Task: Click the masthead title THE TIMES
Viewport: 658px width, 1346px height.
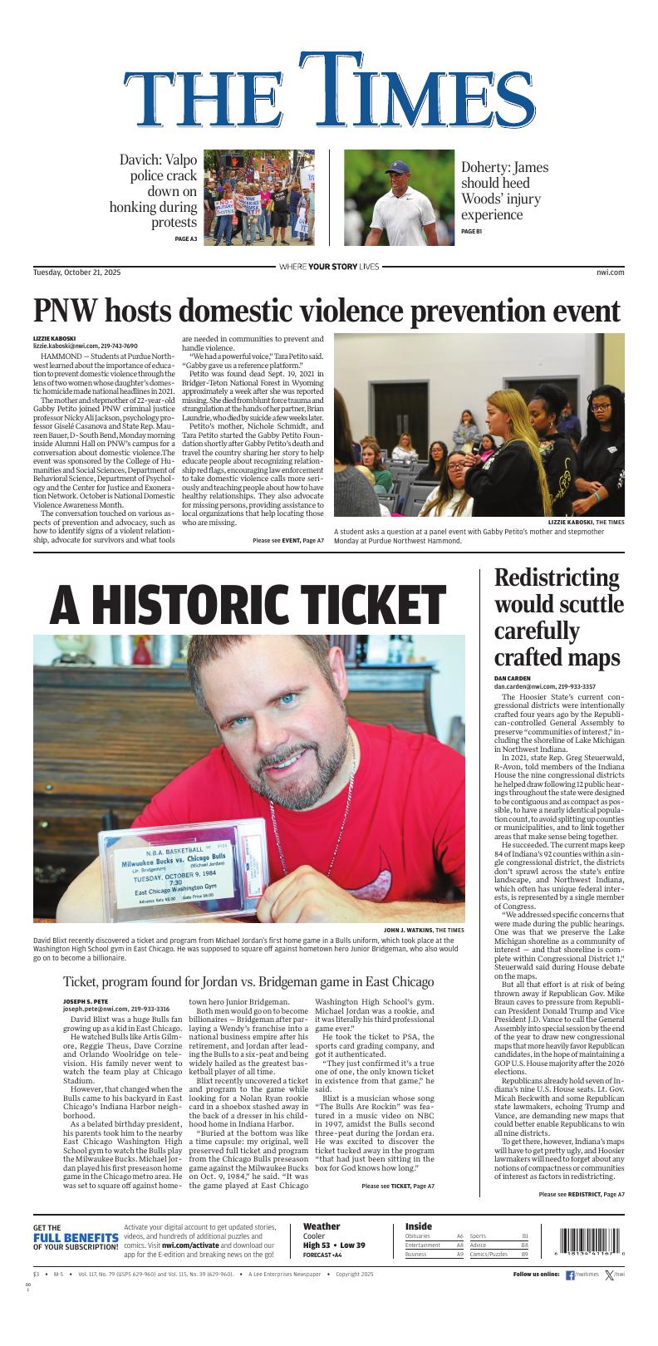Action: pyautogui.click(x=328, y=93)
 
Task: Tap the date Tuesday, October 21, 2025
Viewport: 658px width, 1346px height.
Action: pyautogui.click(x=76, y=272)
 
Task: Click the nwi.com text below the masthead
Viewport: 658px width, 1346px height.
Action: pyautogui.click(x=610, y=272)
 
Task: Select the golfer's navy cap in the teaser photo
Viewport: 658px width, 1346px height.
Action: pyautogui.click(x=397, y=167)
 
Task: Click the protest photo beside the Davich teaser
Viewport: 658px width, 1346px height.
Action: pyautogui.click(x=258, y=198)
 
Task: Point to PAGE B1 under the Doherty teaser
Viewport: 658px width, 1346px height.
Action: pyautogui.click(x=471, y=231)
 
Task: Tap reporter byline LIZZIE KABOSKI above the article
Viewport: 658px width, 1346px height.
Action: pyautogui.click(x=54, y=338)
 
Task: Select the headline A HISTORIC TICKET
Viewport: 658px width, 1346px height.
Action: pyautogui.click(x=248, y=605)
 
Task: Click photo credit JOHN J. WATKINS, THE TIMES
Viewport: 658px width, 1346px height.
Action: pyautogui.click(x=424, y=929)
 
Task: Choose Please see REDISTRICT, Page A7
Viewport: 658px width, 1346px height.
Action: pyautogui.click(x=581, y=1194)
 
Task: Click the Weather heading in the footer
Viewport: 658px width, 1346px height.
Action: pyautogui.click(x=322, y=1226)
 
